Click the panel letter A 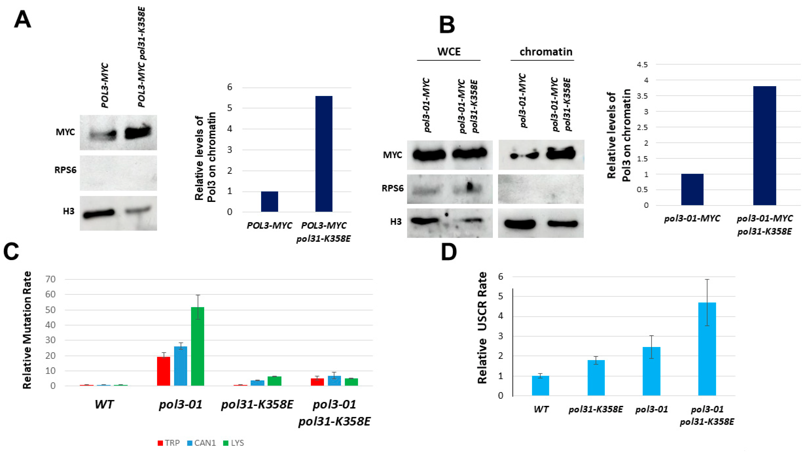pos(23,19)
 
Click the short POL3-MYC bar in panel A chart pos(269,202)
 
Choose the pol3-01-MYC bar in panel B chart pos(692,190)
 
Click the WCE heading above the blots pos(449,52)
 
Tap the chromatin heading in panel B pos(546,52)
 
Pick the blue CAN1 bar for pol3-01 pos(181,365)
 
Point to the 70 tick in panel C pos(50,279)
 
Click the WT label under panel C pos(104,404)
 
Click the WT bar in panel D pos(540,386)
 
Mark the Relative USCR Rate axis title pos(482,328)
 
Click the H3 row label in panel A pos(68,211)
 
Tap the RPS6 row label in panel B pos(392,188)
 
